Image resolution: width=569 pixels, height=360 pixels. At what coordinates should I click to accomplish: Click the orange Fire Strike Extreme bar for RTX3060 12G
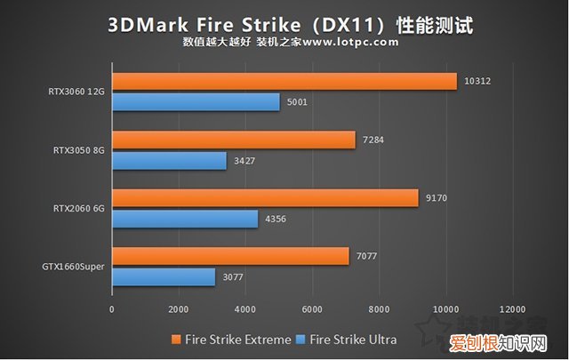tap(284, 82)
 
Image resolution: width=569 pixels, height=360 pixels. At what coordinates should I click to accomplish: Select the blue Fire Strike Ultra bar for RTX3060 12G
tap(196, 103)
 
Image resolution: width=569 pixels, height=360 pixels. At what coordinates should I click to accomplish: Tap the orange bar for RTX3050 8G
tap(234, 140)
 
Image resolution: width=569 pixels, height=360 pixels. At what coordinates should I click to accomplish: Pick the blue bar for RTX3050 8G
tap(169, 161)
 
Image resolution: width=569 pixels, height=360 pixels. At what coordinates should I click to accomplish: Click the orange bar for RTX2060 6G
tap(265, 198)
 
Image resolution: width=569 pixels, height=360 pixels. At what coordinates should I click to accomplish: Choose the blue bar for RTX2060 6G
tap(185, 219)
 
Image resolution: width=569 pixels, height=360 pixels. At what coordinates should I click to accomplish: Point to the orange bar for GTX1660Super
tap(230, 256)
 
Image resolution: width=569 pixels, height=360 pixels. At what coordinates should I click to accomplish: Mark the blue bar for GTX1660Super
tap(164, 277)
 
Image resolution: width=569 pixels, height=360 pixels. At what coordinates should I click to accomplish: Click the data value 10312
tap(477, 81)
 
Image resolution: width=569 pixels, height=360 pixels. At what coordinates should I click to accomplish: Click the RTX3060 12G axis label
tap(76, 92)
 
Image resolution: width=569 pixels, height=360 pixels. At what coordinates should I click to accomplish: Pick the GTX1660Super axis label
tap(71, 267)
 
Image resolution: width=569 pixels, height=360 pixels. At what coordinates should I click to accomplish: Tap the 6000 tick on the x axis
tap(311, 308)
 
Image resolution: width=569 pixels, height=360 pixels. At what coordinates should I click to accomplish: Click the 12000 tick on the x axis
tap(511, 308)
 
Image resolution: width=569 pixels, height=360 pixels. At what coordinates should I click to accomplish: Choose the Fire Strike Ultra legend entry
tap(349, 339)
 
